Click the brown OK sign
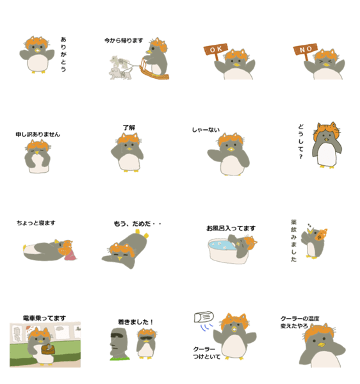click(x=215, y=50)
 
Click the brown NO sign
click(x=305, y=50)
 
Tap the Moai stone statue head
click(x=119, y=343)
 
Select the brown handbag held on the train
click(x=48, y=349)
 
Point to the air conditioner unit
click(x=204, y=317)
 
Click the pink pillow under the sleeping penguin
click(x=70, y=255)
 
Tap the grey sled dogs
click(x=120, y=68)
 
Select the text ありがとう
click(x=63, y=54)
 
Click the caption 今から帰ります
click(x=124, y=40)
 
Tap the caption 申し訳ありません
click(x=38, y=134)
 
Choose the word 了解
click(x=129, y=127)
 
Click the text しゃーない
click(x=206, y=129)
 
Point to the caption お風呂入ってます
click(x=231, y=228)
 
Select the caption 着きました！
click(x=136, y=322)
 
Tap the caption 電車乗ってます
click(x=44, y=318)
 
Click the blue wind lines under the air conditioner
click(x=206, y=327)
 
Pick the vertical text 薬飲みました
click(x=293, y=241)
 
